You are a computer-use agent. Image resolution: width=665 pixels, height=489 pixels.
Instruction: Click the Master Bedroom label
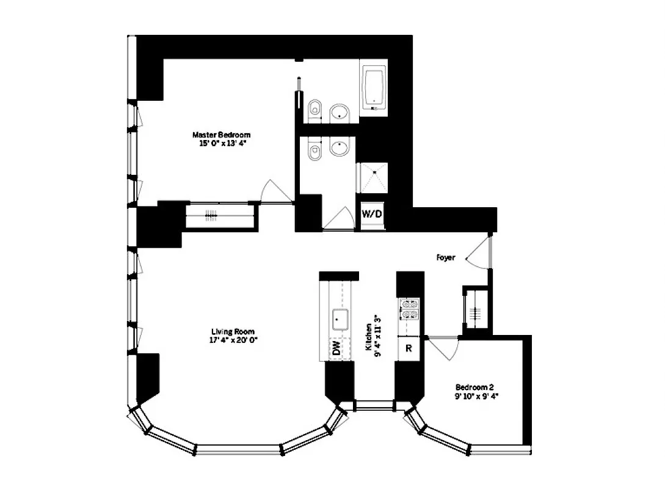221,134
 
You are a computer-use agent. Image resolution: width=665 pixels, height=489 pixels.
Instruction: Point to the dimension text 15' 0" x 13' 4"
221,143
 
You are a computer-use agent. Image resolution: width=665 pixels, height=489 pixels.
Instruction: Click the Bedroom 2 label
474,387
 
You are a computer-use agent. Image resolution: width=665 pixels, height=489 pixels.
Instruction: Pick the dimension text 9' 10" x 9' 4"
474,395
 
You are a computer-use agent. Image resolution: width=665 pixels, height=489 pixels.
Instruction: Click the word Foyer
445,258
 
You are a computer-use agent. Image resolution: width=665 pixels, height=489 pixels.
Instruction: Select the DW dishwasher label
336,348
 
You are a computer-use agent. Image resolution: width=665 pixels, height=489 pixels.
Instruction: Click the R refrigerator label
408,349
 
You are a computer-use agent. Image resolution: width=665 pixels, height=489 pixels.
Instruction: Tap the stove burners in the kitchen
407,309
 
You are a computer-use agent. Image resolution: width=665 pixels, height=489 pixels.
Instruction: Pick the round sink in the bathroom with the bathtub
340,112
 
